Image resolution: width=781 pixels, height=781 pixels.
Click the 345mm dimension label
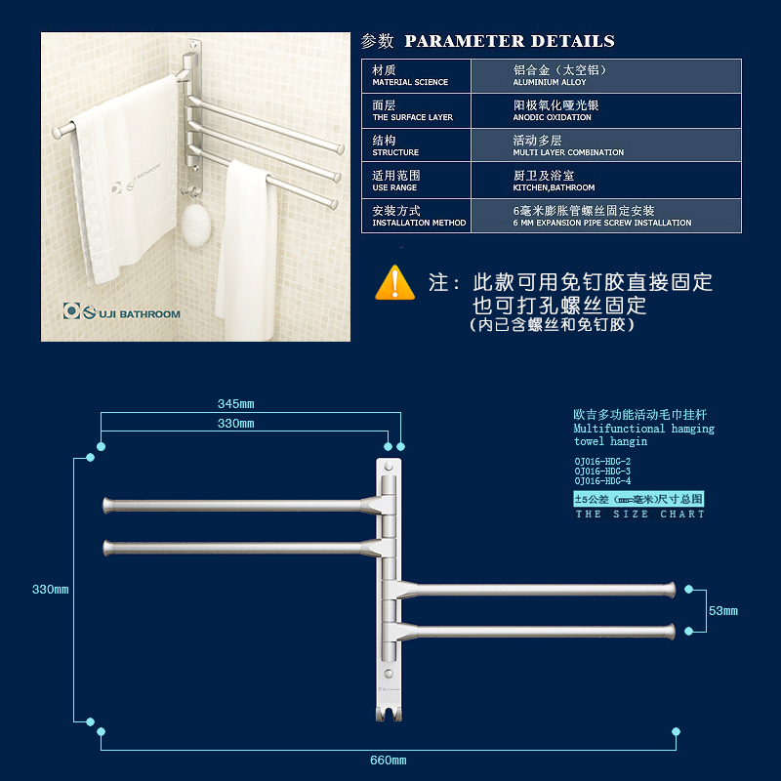coord(235,403)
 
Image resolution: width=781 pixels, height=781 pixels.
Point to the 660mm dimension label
coord(388,760)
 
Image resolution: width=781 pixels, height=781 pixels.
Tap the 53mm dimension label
coord(723,611)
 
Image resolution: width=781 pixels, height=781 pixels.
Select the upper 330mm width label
coord(235,424)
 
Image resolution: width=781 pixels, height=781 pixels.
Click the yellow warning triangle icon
coord(394,283)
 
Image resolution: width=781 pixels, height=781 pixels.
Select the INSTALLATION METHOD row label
coord(419,217)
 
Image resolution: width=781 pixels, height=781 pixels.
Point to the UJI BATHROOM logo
coord(122,312)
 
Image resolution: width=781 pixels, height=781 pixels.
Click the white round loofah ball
coord(195,223)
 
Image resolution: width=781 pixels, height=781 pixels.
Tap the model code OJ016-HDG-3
coord(602,471)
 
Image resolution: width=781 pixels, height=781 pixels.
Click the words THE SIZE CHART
coord(639,514)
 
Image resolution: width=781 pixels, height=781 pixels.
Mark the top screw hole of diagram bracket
coord(389,468)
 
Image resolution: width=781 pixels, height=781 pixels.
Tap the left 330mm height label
coord(51,590)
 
